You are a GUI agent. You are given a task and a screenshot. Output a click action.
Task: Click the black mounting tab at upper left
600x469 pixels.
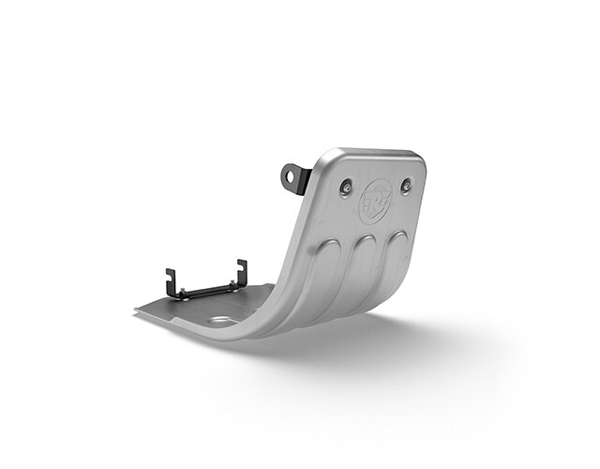click(x=295, y=177)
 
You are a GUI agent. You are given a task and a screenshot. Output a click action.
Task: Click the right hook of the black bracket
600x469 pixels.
click(x=242, y=270)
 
